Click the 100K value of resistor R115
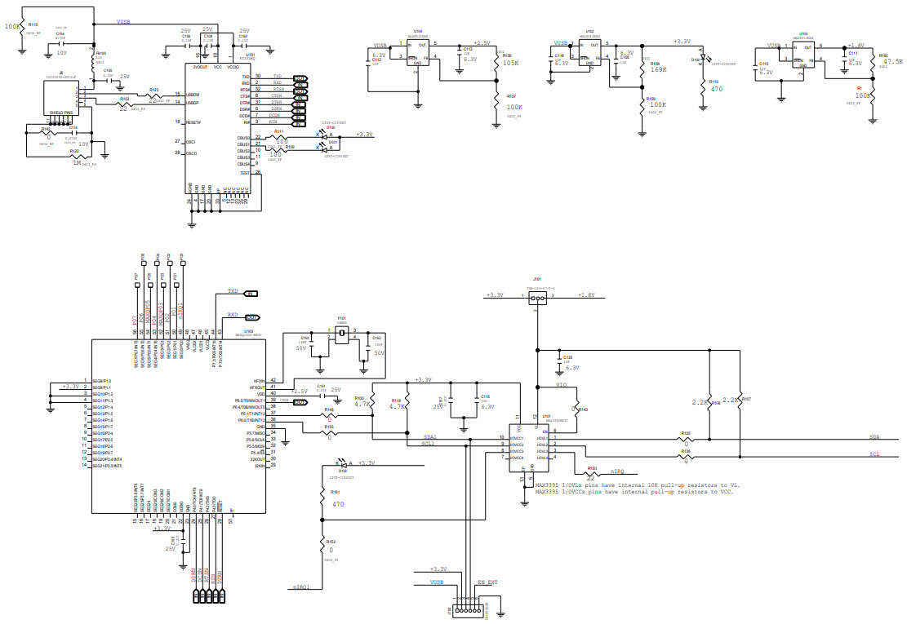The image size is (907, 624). [11, 26]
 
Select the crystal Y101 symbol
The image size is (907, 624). [341, 335]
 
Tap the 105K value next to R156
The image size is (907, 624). [510, 62]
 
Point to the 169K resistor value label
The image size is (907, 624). [658, 70]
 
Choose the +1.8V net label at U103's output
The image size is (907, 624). [855, 46]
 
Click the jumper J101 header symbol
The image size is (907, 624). [536, 299]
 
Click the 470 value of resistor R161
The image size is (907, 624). [339, 504]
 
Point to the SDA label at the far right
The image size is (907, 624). [874, 437]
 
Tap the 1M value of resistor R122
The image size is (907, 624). [76, 162]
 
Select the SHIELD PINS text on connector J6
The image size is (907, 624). [62, 113]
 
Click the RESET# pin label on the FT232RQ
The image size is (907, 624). [193, 122]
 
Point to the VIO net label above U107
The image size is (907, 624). [561, 384]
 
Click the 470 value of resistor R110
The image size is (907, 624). [716, 88]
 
